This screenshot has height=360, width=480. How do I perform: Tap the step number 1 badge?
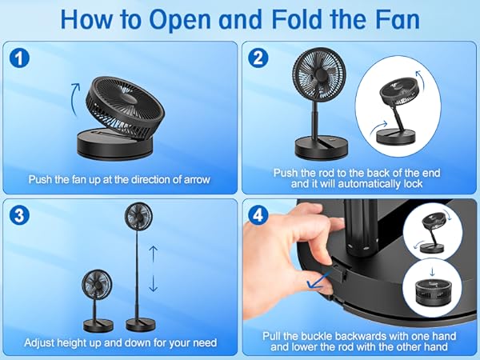point(18,58)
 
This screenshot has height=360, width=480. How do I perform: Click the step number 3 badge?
point(18,214)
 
